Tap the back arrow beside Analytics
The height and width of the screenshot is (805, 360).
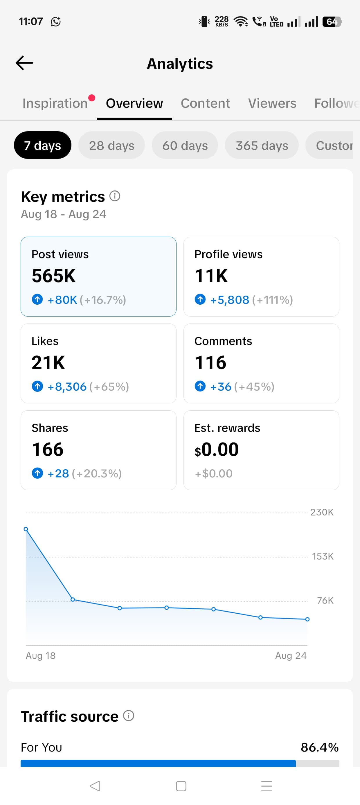click(x=24, y=63)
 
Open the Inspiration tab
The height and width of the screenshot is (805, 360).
click(x=55, y=103)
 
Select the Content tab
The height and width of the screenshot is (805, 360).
click(x=205, y=103)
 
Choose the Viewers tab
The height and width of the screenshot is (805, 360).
click(x=272, y=103)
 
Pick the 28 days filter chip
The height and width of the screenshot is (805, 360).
click(x=111, y=145)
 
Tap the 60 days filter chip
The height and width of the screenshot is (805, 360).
click(x=185, y=145)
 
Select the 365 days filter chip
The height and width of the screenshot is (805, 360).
click(x=262, y=145)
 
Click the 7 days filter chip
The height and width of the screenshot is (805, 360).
click(x=42, y=145)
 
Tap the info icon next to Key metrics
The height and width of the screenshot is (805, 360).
click(x=115, y=196)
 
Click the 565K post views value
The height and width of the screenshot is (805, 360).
click(x=54, y=276)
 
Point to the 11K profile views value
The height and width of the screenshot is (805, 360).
click(x=211, y=276)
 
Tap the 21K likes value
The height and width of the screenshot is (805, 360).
click(x=48, y=363)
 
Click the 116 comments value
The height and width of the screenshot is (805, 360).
click(x=210, y=363)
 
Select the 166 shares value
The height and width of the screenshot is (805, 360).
click(x=48, y=450)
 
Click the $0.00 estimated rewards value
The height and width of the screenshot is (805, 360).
click(x=217, y=450)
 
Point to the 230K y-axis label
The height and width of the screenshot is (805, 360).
click(x=322, y=512)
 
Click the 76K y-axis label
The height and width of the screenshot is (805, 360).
click(x=325, y=600)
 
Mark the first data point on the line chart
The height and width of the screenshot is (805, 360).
click(x=26, y=529)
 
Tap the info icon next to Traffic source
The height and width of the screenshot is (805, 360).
click(x=129, y=716)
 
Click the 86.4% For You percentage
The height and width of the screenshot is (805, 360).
click(x=320, y=747)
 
